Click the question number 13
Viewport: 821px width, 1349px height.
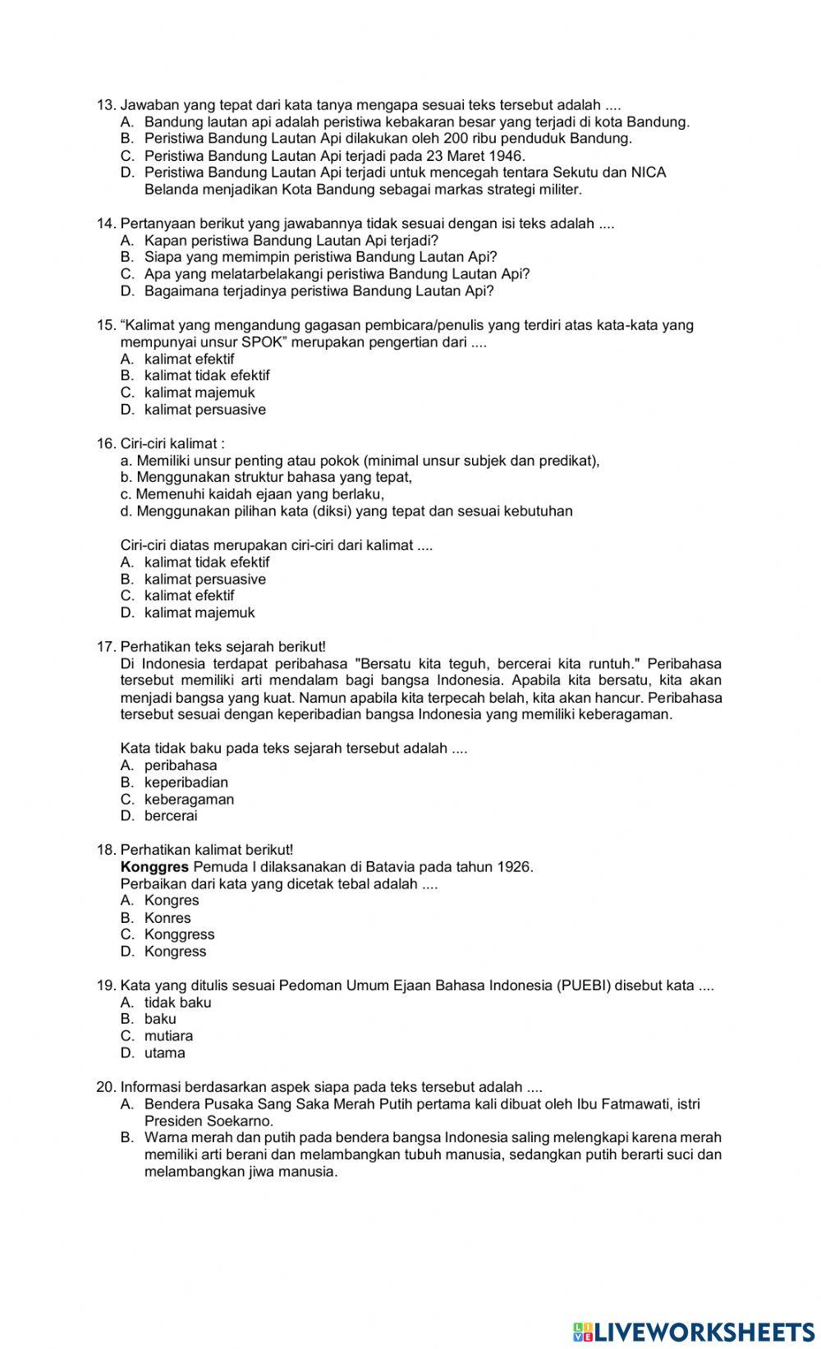[x=106, y=105]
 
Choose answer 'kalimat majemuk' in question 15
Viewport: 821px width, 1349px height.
[x=200, y=392]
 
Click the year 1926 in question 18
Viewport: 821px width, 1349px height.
[x=514, y=867]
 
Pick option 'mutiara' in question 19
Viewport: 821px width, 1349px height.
[x=168, y=1036]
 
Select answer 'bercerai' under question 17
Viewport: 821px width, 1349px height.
[x=171, y=816]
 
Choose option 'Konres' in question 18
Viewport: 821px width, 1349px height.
[x=167, y=918]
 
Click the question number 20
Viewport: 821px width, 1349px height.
[x=106, y=1087]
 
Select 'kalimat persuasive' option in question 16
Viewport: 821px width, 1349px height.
[x=204, y=580]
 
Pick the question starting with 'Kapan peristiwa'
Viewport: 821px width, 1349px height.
[x=291, y=241]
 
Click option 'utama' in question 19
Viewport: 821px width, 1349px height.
[x=164, y=1053]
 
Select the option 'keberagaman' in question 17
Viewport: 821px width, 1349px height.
[x=189, y=800]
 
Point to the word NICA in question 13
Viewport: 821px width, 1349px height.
[x=649, y=172]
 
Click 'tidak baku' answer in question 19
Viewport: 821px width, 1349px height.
[x=177, y=1003]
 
